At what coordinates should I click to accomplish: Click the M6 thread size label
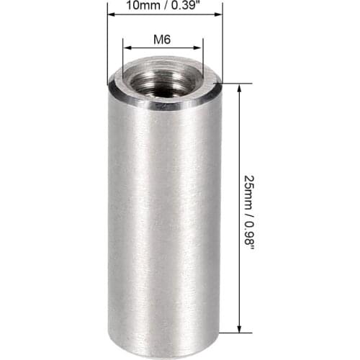162,40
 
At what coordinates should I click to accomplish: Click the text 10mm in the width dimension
143,5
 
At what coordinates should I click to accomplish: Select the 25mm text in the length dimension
250,192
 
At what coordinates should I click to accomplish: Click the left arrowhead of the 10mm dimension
112,14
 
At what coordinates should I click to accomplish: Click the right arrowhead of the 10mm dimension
218,14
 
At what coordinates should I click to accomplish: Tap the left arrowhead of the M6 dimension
127,48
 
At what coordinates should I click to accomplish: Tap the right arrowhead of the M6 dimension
197,48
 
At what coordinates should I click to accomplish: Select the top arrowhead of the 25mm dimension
239,88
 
